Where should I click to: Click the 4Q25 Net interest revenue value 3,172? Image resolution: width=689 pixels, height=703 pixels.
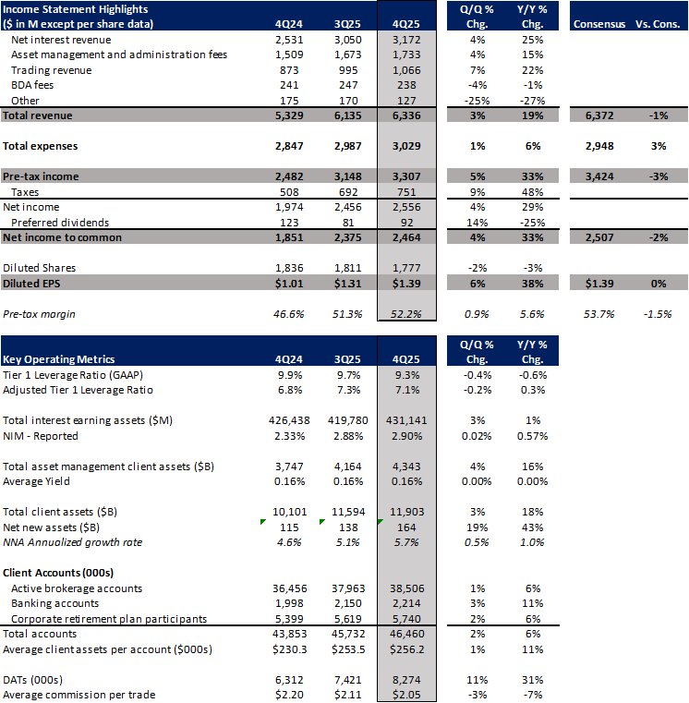coord(406,41)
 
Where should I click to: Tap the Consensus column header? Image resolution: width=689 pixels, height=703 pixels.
coord(598,22)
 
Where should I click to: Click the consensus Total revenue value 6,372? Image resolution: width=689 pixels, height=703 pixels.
coord(598,115)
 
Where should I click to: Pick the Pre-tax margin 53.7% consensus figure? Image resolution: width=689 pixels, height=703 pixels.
coord(598,313)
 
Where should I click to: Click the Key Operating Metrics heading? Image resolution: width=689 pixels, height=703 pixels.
coord(54,358)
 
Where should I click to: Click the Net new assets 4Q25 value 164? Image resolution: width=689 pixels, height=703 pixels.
coord(409,527)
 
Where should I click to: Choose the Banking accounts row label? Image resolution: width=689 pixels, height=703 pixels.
coord(55,604)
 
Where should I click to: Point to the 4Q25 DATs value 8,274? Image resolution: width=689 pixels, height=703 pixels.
coord(406,680)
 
